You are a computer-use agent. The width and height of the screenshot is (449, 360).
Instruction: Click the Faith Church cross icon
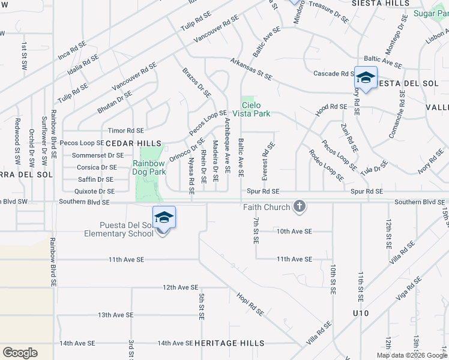300,207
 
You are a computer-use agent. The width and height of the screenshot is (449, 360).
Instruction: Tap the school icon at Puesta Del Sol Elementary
164,217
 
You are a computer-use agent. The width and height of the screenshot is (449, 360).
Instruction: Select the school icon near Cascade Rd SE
365,78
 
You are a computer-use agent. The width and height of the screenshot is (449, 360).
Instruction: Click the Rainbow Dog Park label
149,167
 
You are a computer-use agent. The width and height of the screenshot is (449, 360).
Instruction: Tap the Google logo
20,353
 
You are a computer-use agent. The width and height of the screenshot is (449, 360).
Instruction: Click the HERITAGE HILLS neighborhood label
229,343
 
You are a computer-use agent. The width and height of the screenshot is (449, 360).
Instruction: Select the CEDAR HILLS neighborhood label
134,143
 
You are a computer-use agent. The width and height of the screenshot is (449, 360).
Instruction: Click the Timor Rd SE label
126,130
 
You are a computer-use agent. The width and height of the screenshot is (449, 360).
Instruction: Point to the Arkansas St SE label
251,69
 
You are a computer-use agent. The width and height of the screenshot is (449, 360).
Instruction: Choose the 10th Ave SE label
294,231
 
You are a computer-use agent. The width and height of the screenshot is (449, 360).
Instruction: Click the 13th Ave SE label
115,315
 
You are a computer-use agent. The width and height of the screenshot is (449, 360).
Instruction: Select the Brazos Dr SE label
197,82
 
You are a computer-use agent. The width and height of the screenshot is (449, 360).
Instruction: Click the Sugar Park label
432,13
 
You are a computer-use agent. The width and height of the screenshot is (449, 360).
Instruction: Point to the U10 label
361,314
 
